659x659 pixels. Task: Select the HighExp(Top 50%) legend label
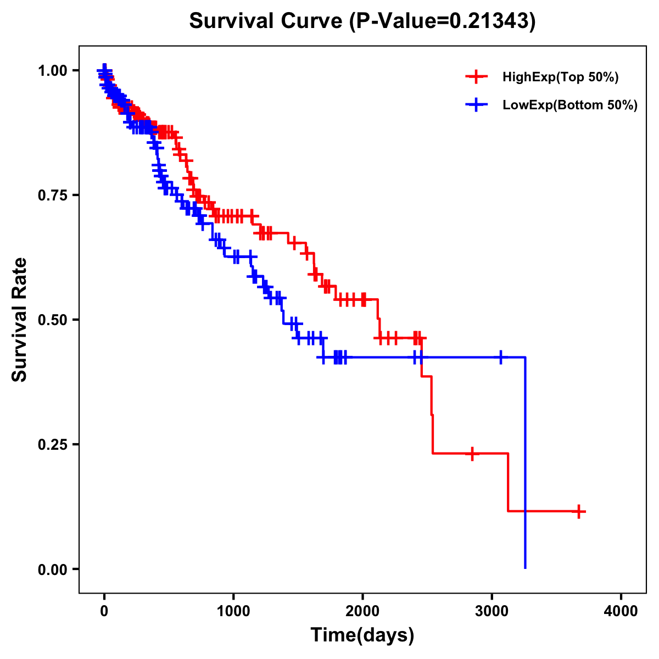coord(560,77)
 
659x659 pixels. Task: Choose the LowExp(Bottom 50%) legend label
coord(570,105)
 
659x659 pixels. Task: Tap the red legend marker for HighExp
coord(476,77)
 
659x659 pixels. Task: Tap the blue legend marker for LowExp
coord(476,105)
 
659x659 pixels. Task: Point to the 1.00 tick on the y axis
coord(53,71)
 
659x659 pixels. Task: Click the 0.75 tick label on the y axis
coord(53,196)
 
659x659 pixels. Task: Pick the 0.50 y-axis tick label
coord(53,320)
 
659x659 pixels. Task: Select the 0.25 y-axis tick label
coord(53,444)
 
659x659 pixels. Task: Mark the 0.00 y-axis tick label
coord(53,569)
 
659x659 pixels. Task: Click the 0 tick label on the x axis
coord(104,612)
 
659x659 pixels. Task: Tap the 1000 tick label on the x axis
coord(233,612)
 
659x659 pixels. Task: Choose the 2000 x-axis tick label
coord(362,612)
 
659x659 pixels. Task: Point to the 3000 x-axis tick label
coord(492,612)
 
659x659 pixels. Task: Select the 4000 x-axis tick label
coord(621,612)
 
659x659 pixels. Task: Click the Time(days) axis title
coord(362,635)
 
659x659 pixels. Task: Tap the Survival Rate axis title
coord(20,320)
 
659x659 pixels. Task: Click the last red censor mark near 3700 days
coord(578,511)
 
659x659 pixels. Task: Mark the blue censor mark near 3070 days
coord(500,358)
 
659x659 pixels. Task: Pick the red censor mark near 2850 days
coord(472,454)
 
